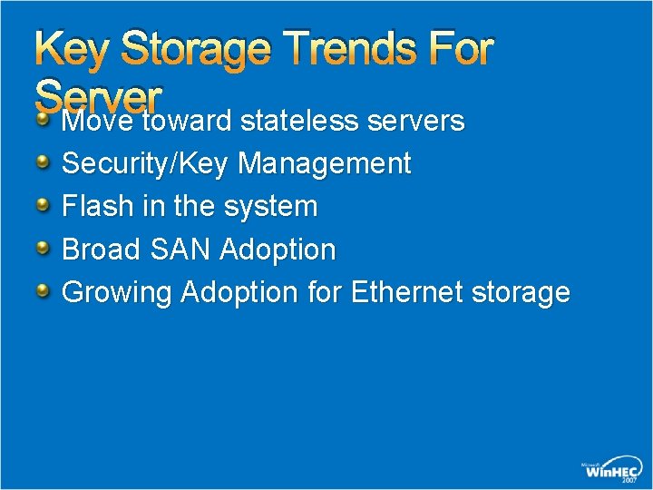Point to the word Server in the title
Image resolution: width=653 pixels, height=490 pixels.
click(98, 94)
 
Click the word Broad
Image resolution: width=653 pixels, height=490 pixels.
click(99, 249)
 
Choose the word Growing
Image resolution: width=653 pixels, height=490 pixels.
click(116, 292)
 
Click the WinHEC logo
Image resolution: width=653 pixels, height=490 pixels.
click(612, 468)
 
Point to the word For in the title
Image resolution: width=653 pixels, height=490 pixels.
click(463, 49)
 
